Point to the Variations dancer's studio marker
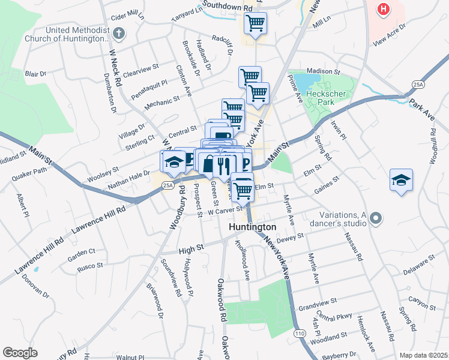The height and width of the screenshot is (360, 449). [x=376, y=217]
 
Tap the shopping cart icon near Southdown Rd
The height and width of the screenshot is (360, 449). [x=255, y=23]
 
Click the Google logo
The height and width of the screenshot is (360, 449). [x=20, y=353]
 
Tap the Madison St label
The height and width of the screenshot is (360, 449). [x=324, y=71]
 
